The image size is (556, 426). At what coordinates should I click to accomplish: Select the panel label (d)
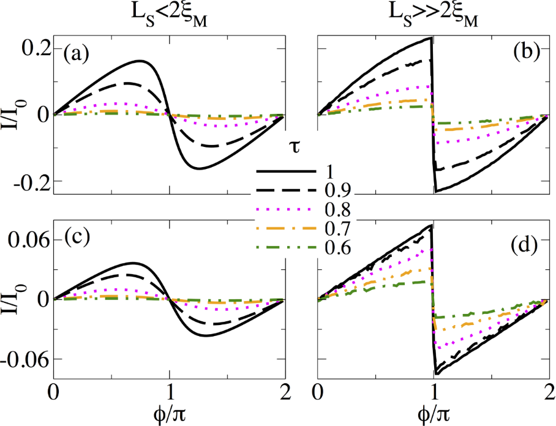click(524, 247)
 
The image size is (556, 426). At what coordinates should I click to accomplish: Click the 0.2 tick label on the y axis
click(34, 49)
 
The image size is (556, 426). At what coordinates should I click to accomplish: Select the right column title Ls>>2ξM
click(432, 13)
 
